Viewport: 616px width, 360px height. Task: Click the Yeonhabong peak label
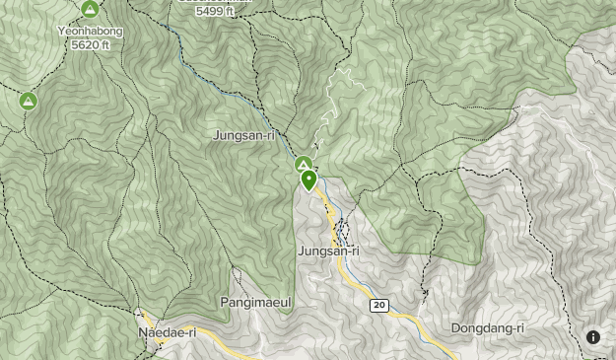tap(90, 30)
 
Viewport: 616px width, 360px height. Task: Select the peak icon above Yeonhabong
tap(90, 10)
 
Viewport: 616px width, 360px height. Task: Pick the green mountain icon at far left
tap(28, 101)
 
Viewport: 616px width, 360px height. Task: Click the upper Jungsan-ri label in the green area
tap(242, 135)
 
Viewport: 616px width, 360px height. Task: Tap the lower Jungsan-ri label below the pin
tap(328, 252)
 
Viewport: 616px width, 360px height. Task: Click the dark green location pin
tap(309, 180)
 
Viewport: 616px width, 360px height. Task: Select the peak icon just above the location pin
tap(304, 165)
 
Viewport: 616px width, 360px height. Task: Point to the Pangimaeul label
tap(257, 303)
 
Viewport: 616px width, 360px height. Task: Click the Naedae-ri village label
tap(167, 332)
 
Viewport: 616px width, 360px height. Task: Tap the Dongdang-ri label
tap(487, 327)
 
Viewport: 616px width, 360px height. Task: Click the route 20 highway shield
tap(379, 306)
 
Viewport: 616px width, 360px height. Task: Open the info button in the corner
tap(593, 337)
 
